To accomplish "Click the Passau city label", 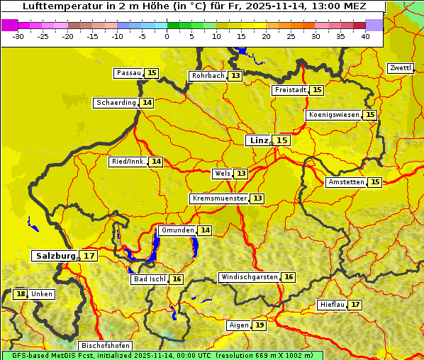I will coord(128,73).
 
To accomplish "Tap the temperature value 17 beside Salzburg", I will coord(89,256).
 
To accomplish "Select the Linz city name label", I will coord(257,140).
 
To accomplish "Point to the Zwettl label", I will coord(400,68).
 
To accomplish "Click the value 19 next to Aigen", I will coord(260,325).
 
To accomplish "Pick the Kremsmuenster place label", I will coord(219,198).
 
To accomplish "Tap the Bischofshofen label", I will coord(105,346).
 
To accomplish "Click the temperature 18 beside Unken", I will coord(21,294).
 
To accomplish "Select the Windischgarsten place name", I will coord(249,277).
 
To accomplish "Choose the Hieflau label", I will coord(332,305).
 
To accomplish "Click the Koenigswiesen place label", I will coord(333,115).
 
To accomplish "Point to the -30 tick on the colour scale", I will coord(18,36).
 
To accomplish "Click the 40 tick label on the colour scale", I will coord(365,36).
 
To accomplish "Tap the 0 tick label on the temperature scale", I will coord(167,36).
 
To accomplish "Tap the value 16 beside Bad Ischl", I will coord(177,279).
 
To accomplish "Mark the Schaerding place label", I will coord(116,103).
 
